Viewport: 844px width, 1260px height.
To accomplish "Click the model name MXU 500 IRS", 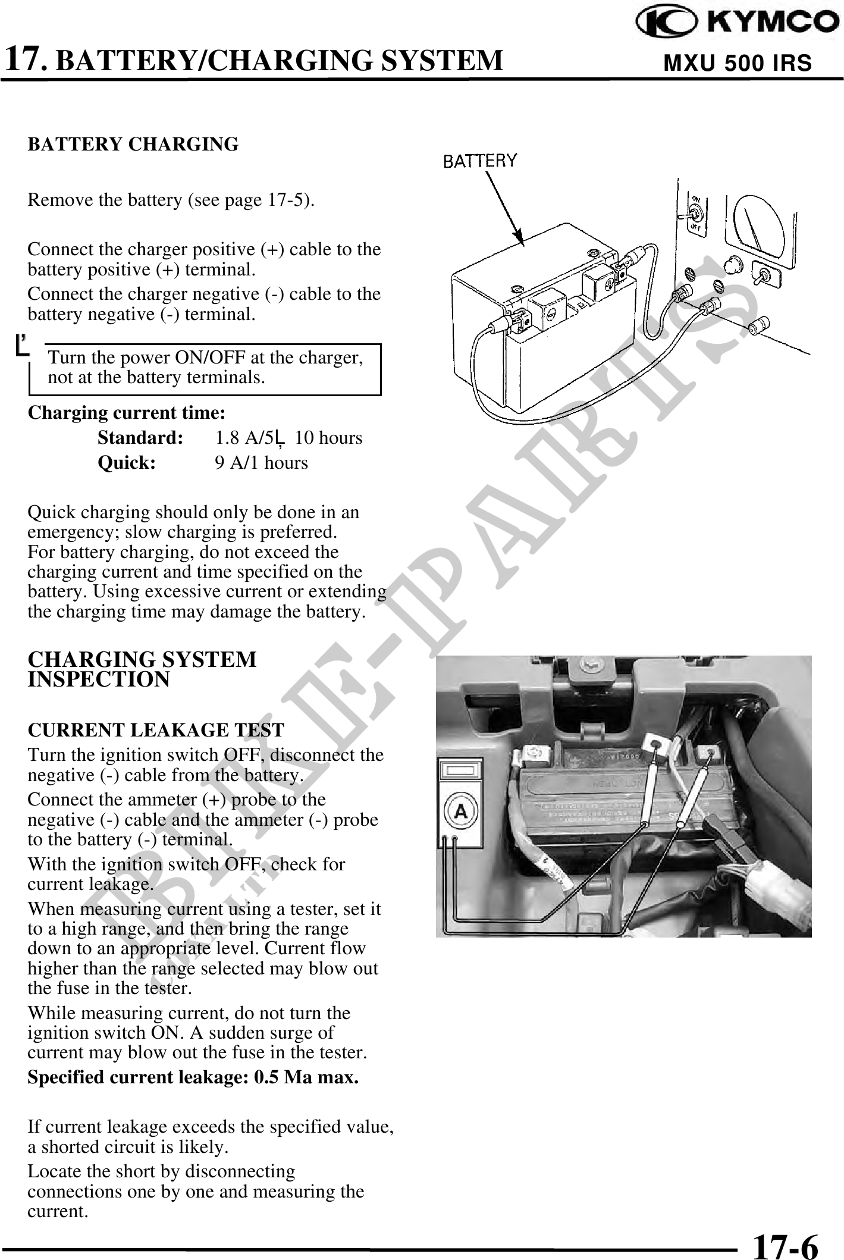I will pyautogui.click(x=737, y=63).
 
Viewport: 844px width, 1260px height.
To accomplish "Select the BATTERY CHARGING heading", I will pyautogui.click(x=133, y=145).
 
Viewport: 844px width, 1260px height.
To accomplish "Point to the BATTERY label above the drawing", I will pyautogui.click(x=481, y=161).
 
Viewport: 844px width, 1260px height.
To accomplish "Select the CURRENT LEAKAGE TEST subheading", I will pyautogui.click(x=156, y=730).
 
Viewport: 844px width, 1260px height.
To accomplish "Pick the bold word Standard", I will pyautogui.click(x=140, y=438).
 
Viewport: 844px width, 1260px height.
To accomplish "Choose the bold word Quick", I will pyautogui.click(x=127, y=463).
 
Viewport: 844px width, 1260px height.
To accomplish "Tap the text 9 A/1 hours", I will pyautogui.click(x=261, y=463).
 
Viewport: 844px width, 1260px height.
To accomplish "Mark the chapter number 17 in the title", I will pyautogui.click(x=24, y=59).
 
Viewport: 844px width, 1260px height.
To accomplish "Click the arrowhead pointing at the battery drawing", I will pyautogui.click(x=519, y=238).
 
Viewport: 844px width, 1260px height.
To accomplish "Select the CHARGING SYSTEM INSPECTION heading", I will pyautogui.click(x=142, y=669).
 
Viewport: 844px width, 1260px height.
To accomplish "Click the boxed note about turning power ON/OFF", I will pyautogui.click(x=205, y=368).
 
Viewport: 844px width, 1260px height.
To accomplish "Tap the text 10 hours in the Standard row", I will pyautogui.click(x=328, y=438).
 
